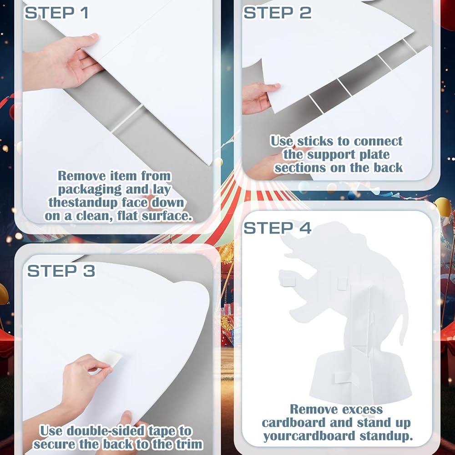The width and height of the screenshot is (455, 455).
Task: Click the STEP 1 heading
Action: click(x=56, y=13)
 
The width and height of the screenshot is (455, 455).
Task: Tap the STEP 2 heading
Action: click(x=278, y=13)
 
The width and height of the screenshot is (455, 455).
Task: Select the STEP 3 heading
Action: click(x=61, y=271)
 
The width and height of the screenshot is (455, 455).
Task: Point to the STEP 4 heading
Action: click(x=278, y=228)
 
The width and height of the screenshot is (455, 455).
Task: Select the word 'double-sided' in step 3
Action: click(x=106, y=431)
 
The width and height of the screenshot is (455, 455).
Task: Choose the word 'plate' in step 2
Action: click(x=374, y=155)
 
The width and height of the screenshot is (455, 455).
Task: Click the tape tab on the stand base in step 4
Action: click(x=345, y=377)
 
